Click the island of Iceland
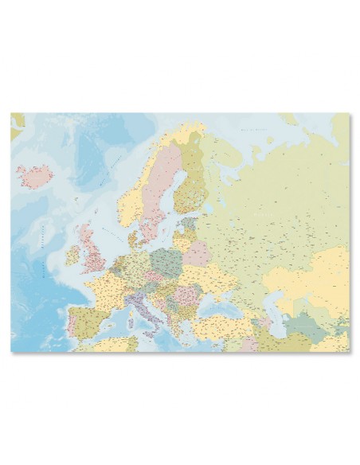coord(35,176)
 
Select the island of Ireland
coord(73,254)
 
